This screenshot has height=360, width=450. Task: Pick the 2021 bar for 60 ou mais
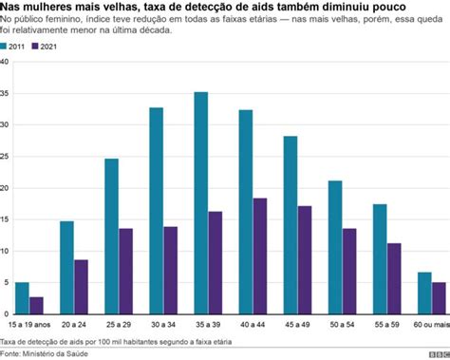438,297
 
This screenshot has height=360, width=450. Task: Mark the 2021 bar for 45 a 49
304,259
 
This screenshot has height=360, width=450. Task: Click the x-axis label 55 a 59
386,324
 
